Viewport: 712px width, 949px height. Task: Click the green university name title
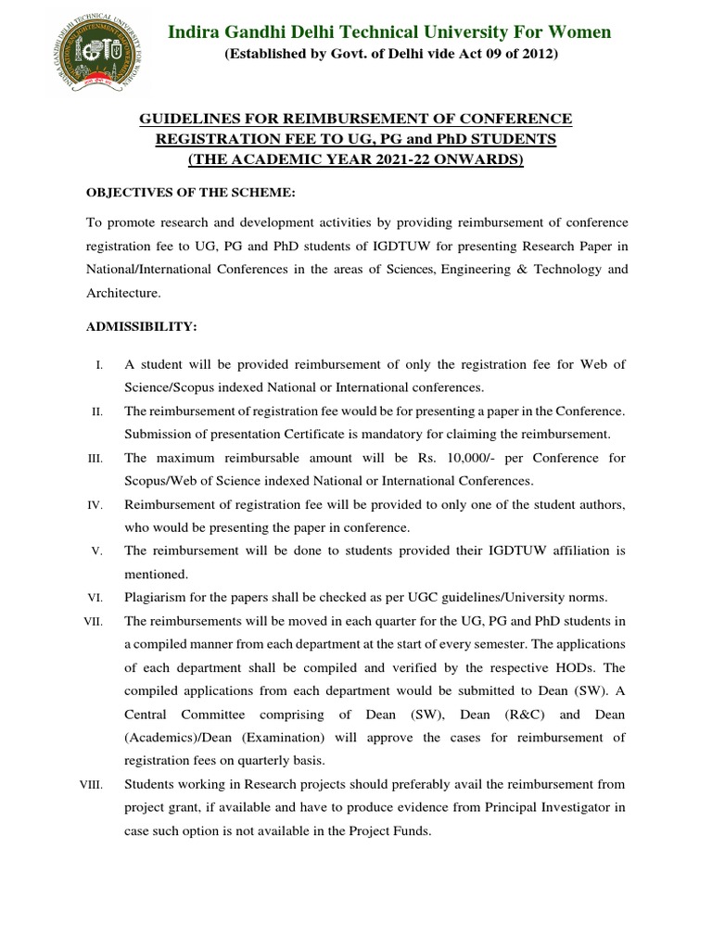[x=389, y=32]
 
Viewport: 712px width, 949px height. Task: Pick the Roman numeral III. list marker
[x=96, y=459]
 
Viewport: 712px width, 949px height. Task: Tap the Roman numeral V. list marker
[x=97, y=551]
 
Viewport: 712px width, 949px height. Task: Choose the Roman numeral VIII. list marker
[x=94, y=785]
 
